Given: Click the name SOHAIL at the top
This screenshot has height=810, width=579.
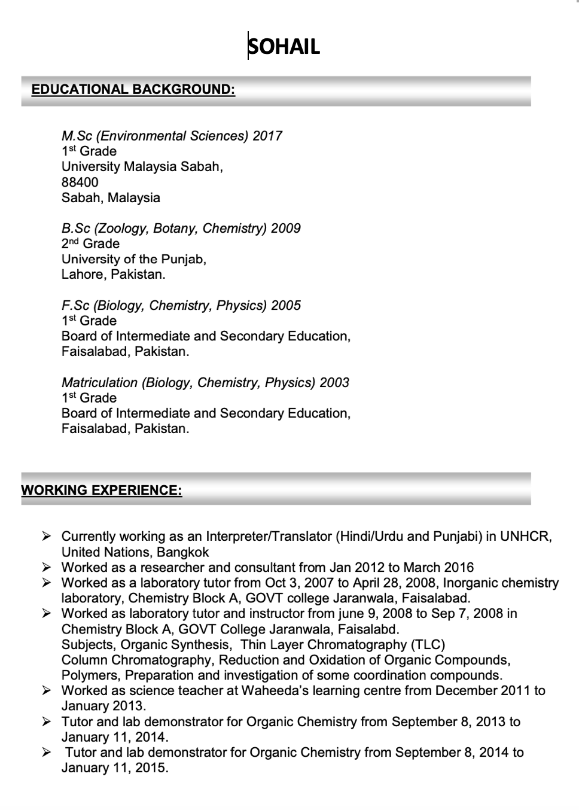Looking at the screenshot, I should (x=284, y=47).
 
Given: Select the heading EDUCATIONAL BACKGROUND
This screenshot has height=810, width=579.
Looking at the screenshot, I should (x=133, y=90).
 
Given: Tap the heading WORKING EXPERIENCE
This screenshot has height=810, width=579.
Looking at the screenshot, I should (x=102, y=491).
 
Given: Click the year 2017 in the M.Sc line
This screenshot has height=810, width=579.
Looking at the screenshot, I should (x=267, y=136).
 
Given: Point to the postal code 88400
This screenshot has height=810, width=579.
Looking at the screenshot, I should (x=80, y=182).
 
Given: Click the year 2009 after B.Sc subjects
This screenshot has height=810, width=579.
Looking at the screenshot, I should (x=286, y=229).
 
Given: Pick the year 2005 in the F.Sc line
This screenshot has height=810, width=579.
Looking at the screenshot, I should (x=286, y=306).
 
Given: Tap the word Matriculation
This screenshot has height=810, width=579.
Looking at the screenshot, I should (x=99, y=383).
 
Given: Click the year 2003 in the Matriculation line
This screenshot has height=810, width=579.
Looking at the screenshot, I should (x=334, y=383).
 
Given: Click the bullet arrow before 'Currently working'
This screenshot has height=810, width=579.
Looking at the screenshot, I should (x=47, y=536).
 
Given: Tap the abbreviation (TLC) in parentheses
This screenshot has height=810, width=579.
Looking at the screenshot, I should (x=428, y=645).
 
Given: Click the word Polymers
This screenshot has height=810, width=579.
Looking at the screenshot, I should (x=90, y=675).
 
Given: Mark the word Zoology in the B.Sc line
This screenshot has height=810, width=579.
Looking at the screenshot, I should (x=121, y=229).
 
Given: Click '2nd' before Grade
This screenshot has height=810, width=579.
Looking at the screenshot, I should (x=70, y=243).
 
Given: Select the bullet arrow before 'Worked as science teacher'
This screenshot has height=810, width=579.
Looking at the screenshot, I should (x=47, y=690).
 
